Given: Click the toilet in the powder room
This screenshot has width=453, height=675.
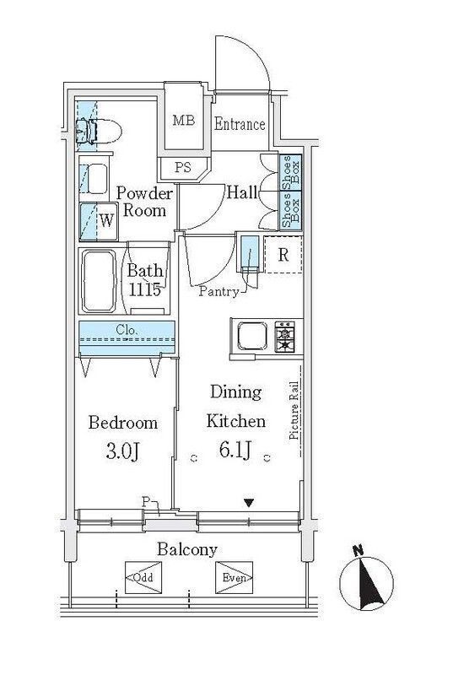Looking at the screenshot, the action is pyautogui.click(x=98, y=132).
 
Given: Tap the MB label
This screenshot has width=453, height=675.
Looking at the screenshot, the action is pyautogui.click(x=184, y=120).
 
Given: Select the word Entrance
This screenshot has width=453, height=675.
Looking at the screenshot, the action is pyautogui.click(x=240, y=124).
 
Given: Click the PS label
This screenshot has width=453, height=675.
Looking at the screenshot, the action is pyautogui.click(x=183, y=167).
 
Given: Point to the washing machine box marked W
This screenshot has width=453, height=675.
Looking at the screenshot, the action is pyautogui.click(x=99, y=221).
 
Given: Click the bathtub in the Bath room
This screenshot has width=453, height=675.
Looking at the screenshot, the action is pyautogui.click(x=99, y=281).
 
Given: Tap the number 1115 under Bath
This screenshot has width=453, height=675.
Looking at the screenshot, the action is pyautogui.click(x=145, y=289).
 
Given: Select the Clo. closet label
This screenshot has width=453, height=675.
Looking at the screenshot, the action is pyautogui.click(x=127, y=331).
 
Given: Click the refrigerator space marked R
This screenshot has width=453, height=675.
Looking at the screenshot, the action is pyautogui.click(x=283, y=255).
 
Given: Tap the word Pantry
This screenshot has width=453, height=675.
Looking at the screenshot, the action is pyautogui.click(x=218, y=292).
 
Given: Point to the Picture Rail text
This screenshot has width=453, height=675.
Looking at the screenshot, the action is pyautogui.click(x=294, y=411).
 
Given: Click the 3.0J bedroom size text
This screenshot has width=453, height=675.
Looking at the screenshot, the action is pyautogui.click(x=122, y=451).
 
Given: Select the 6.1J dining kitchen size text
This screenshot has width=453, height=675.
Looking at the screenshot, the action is pyautogui.click(x=235, y=451).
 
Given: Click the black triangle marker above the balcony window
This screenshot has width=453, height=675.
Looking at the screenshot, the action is pyautogui.click(x=249, y=503).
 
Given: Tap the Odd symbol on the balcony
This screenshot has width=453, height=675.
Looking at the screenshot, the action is pyautogui.click(x=143, y=577).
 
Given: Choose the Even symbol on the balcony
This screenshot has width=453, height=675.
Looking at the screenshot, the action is pyautogui.click(x=234, y=578).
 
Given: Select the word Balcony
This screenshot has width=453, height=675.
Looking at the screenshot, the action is pyautogui.click(x=187, y=549).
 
